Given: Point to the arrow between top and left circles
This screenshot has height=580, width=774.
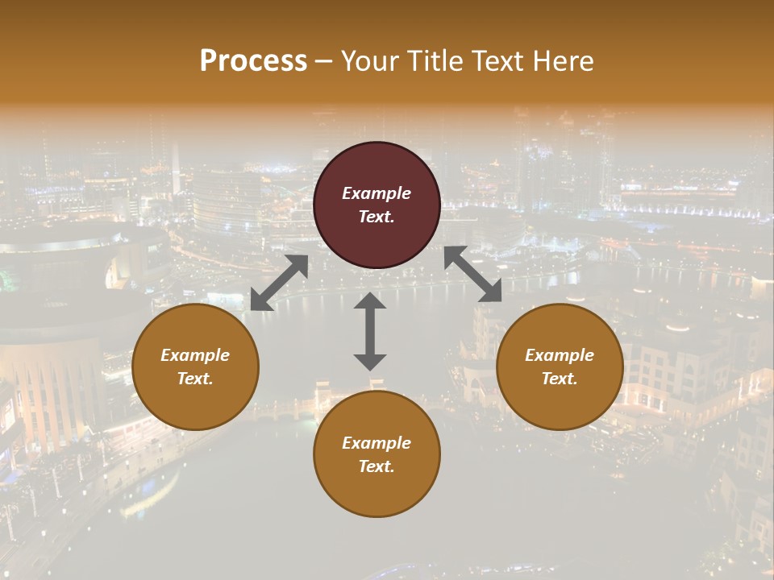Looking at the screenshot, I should [x=279, y=283].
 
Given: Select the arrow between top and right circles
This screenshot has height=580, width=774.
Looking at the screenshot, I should [x=472, y=274].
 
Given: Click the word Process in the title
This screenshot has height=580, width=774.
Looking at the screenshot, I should [x=253, y=60].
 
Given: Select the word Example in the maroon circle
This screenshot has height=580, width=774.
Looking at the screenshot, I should [x=377, y=193].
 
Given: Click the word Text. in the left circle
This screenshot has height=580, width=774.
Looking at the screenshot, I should [x=195, y=379].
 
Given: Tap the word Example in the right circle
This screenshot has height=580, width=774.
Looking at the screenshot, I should [x=560, y=355].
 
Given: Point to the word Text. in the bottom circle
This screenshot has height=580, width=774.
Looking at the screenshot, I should [x=377, y=466].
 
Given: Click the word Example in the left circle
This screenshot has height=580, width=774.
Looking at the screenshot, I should [x=195, y=355].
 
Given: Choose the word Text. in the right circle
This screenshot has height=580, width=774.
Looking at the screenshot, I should [x=560, y=379].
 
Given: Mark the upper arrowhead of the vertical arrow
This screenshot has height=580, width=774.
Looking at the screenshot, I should [x=370, y=301].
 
